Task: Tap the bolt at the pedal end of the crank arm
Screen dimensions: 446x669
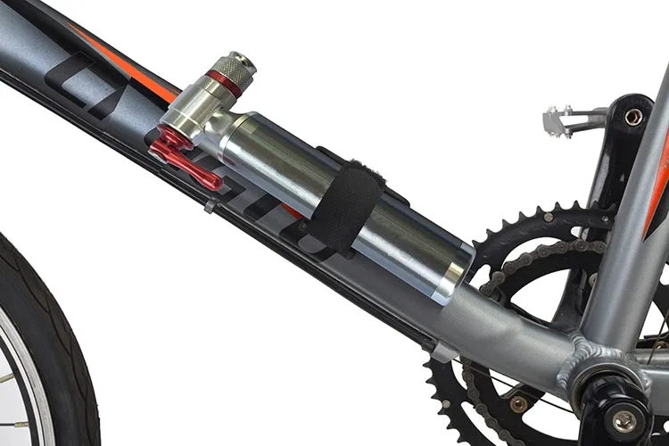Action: [x=633, y=117]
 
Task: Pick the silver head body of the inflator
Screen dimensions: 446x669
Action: [x=192, y=116]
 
